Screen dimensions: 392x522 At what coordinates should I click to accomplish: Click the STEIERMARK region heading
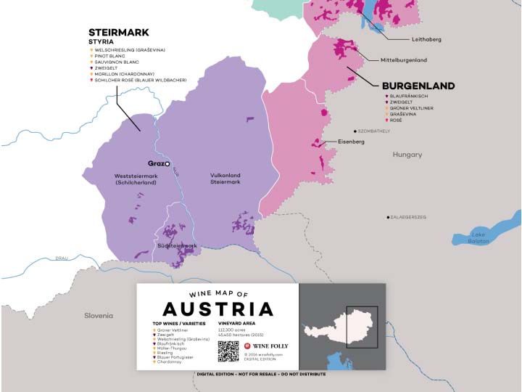pos(118,33)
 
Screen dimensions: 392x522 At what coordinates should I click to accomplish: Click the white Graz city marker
pos(167,164)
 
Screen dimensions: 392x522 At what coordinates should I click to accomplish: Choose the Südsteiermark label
pos(177,246)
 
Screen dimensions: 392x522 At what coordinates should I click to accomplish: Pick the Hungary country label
pos(407,155)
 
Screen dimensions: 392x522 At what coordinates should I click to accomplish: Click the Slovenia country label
pos(99,316)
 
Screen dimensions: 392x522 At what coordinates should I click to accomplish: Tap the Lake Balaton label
pos(478,237)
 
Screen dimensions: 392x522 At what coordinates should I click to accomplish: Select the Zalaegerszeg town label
pos(408,217)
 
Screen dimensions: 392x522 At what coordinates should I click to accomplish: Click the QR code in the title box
pos(228,351)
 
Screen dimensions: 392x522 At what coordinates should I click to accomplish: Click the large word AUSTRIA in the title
pos(218,309)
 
